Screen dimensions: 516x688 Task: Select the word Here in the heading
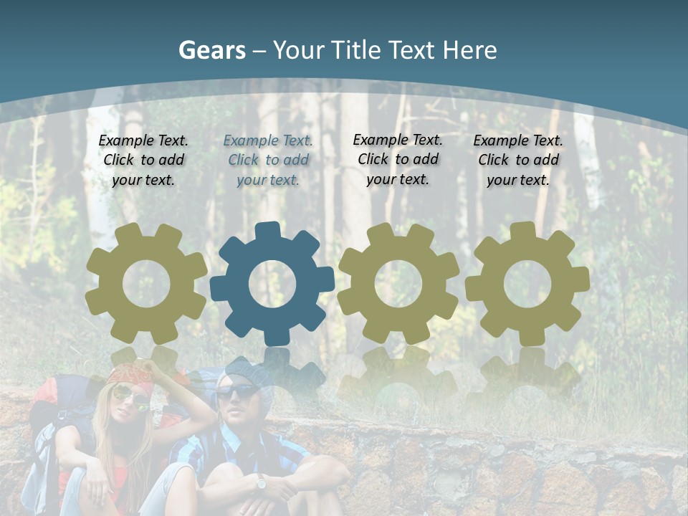[x=469, y=50]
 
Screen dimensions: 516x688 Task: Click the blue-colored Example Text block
[x=268, y=161]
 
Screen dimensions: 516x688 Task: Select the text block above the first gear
[x=143, y=160]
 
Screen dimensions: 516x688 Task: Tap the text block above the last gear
[x=518, y=161]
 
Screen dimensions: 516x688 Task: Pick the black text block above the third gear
[x=398, y=160]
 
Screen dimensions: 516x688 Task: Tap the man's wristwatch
[x=261, y=483]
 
